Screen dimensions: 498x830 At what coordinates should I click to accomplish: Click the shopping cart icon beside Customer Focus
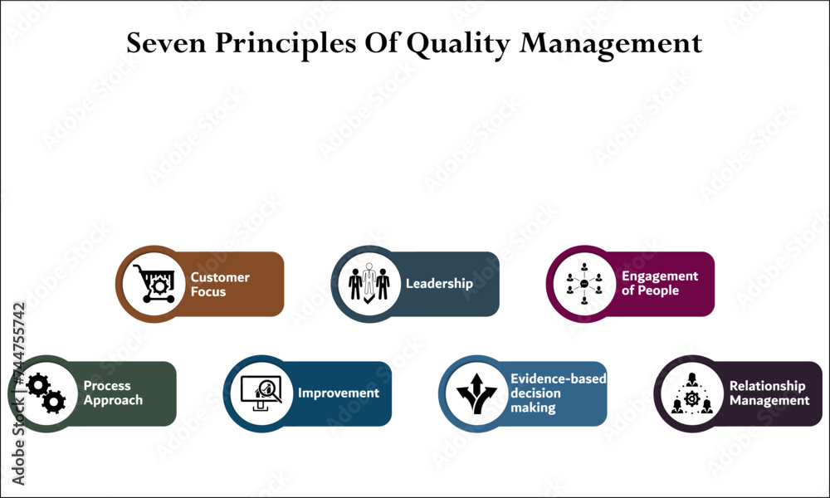click(154, 283)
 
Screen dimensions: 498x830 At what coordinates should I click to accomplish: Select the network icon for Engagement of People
click(584, 284)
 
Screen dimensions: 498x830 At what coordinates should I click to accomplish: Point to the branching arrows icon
click(476, 393)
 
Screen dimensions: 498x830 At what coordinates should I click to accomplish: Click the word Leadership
click(439, 283)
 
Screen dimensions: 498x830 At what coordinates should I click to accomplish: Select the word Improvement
click(339, 393)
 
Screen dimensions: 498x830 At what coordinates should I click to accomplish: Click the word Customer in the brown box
click(220, 277)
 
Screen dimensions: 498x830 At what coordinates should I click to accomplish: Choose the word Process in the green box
click(107, 386)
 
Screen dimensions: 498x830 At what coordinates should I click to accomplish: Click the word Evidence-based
click(558, 378)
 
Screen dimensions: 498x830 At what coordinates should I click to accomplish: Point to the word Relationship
click(767, 386)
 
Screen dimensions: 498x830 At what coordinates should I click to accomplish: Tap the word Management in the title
click(611, 43)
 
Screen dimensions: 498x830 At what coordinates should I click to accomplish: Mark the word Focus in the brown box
click(207, 292)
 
